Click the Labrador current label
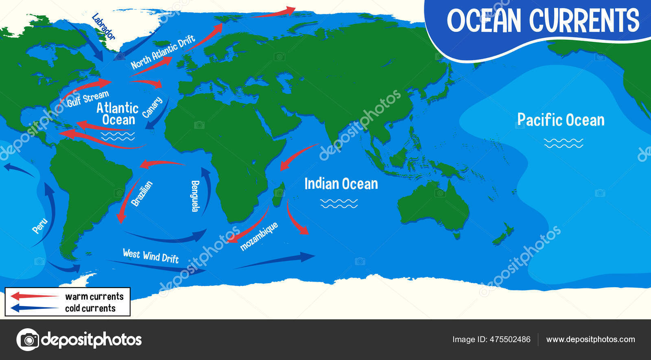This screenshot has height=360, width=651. pyautogui.click(x=103, y=26)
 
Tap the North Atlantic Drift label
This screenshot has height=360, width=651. pyautogui.click(x=163, y=52)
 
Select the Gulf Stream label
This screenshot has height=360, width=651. pyautogui.click(x=88, y=98)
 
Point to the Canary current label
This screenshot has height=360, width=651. pyautogui.click(x=153, y=107)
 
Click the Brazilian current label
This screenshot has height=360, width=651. pyautogui.click(x=142, y=194)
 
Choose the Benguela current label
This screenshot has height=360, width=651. pyautogui.click(x=195, y=196)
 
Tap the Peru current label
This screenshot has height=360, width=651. pyautogui.click(x=40, y=226)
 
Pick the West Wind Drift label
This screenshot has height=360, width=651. pyautogui.click(x=151, y=256)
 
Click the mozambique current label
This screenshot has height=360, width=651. pyautogui.click(x=259, y=236)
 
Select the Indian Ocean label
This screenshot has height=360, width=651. pyautogui.click(x=341, y=184)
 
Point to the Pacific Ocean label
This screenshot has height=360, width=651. pyautogui.click(x=561, y=120)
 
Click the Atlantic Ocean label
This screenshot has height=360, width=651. pyautogui.click(x=118, y=114)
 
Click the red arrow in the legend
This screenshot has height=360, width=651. pyautogui.click(x=35, y=296)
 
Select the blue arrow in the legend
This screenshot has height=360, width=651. pyautogui.click(x=35, y=308)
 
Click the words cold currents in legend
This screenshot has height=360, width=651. pyautogui.click(x=90, y=308)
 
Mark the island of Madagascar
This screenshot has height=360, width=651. pyautogui.click(x=279, y=194)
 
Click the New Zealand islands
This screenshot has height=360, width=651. pyautogui.click(x=503, y=234)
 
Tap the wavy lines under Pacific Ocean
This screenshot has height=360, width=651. pyautogui.click(x=564, y=143)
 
